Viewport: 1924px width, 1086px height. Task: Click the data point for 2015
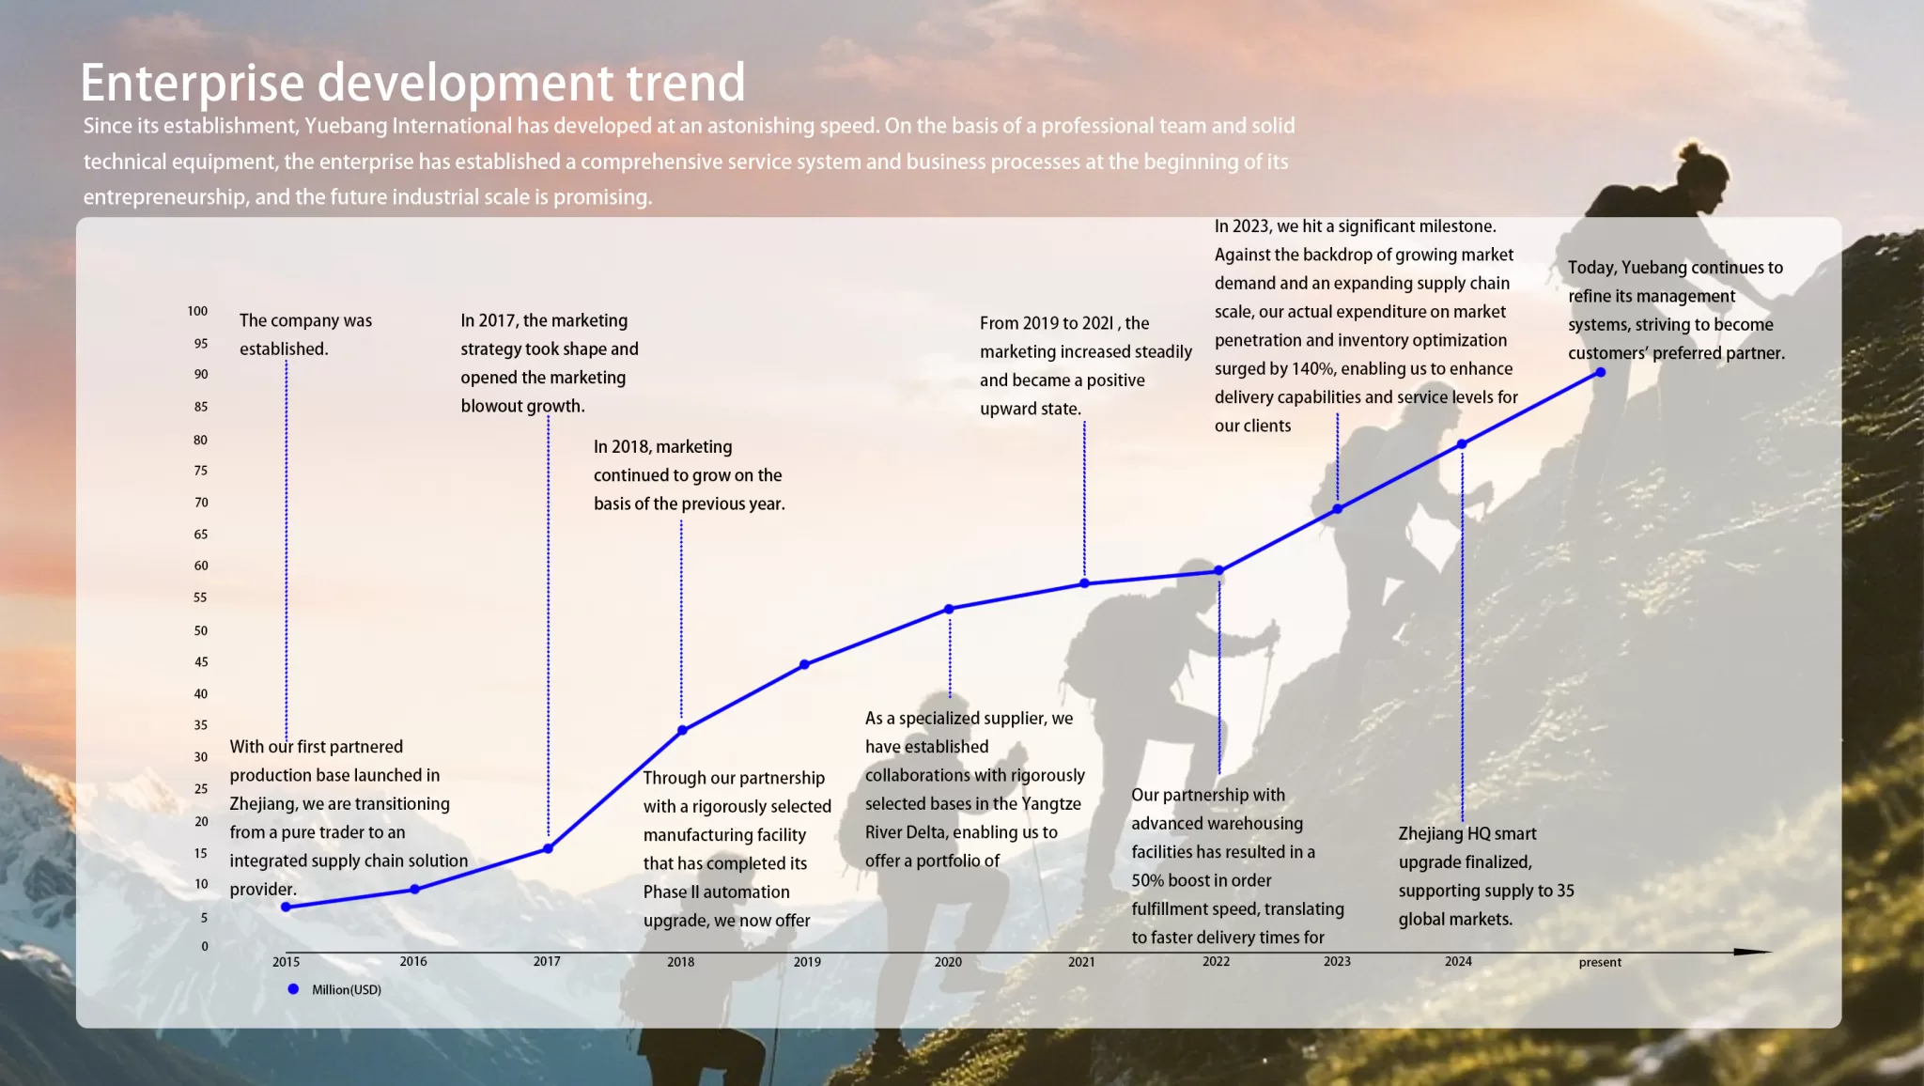pyautogui.click(x=286, y=907)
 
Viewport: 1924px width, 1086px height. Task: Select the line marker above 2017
pyautogui.click(x=548, y=848)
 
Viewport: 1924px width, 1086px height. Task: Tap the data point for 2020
pyautogui.click(x=949, y=609)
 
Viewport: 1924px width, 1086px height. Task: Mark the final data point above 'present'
pyautogui.click(x=1601, y=373)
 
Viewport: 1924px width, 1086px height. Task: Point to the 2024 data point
pyautogui.click(x=1462, y=443)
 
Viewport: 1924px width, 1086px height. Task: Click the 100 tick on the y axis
pyautogui.click(x=197, y=311)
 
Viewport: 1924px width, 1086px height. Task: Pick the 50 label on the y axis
pyautogui.click(x=201, y=630)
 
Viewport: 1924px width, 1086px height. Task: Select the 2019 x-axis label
pyautogui.click(x=807, y=962)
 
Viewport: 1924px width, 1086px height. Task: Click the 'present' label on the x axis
pyautogui.click(x=1600, y=962)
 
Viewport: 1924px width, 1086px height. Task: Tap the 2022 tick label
pyautogui.click(x=1216, y=961)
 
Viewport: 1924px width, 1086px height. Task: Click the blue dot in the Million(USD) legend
pyautogui.click(x=293, y=989)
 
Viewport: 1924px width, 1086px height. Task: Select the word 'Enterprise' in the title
pyautogui.click(x=193, y=85)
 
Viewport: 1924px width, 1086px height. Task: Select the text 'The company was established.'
pyautogui.click(x=305, y=334)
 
